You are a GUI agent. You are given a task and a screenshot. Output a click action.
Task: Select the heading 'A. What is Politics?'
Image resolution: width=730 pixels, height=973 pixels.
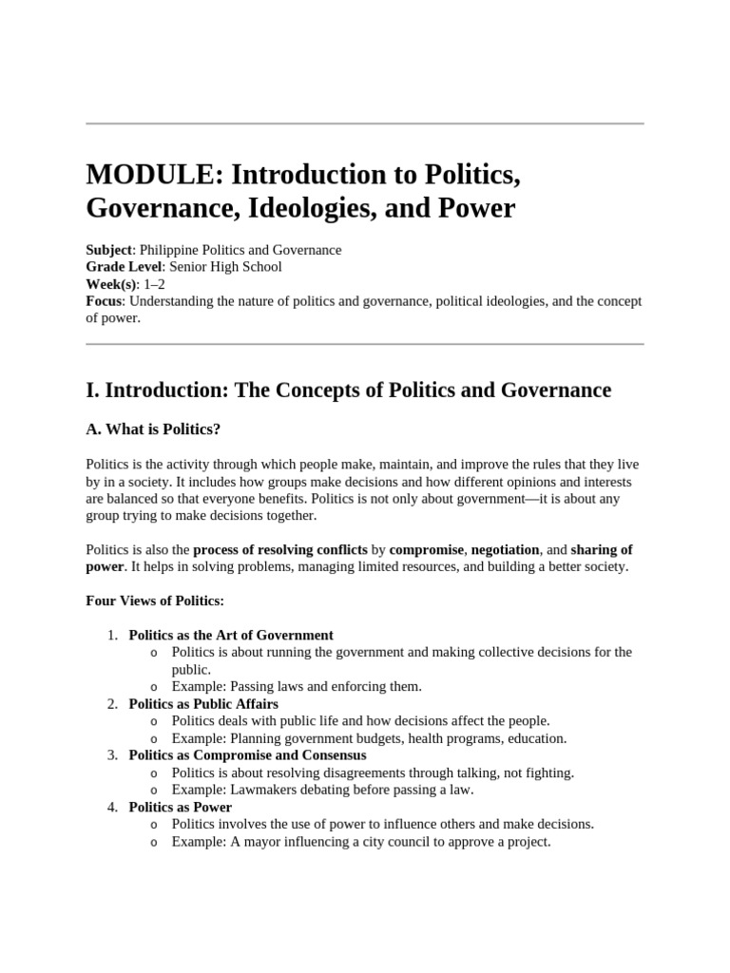point(153,429)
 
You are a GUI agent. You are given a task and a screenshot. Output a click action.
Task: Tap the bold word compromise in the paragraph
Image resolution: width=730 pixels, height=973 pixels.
point(427,549)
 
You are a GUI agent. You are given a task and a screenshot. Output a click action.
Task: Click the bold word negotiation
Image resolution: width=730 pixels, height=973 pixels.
point(506,549)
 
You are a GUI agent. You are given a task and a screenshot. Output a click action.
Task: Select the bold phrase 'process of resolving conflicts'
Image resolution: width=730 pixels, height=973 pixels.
point(279,549)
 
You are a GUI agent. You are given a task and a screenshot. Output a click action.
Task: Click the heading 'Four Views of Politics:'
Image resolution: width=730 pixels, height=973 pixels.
point(155,601)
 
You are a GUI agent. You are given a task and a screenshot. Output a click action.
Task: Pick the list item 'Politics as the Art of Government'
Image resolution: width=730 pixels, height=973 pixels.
point(231,635)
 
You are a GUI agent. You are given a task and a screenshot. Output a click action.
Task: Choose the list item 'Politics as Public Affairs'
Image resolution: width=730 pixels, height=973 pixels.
point(203,703)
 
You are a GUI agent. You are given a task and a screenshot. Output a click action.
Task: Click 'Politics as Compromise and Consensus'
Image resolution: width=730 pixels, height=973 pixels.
point(247,754)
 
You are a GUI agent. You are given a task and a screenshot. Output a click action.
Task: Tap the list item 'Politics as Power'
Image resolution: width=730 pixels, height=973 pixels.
point(181,807)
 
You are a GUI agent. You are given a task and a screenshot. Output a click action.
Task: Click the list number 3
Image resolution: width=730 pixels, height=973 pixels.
point(111,754)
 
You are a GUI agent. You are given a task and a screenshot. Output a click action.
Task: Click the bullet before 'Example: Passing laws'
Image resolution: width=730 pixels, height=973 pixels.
point(154,686)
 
